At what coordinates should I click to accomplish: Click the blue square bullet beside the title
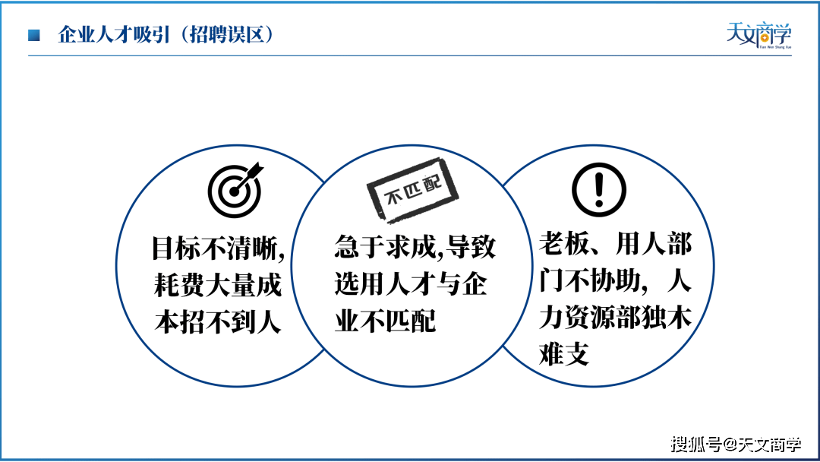pos(34,35)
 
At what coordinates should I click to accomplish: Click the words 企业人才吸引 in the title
pos(114,34)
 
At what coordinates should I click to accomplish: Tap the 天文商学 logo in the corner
pos(758,35)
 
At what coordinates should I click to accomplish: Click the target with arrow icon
pos(235,190)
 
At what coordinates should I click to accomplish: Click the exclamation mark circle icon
pos(599,189)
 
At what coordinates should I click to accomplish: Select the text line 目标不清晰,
pos(218,248)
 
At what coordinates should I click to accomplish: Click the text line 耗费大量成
pos(218,285)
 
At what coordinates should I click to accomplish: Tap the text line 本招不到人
pos(218,321)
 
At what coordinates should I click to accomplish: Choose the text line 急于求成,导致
pos(415,246)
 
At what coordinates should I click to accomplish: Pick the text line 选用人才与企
pos(411,283)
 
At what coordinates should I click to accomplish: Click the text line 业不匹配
pos(385,320)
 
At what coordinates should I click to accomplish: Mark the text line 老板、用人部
pos(616,244)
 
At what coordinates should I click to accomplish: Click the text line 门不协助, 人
pos(616,280)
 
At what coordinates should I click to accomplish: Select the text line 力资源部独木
pos(616,317)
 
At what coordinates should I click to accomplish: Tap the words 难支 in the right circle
pos(564,353)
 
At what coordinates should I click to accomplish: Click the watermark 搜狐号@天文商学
pos(736,445)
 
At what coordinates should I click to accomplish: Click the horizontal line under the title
pos(409,55)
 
